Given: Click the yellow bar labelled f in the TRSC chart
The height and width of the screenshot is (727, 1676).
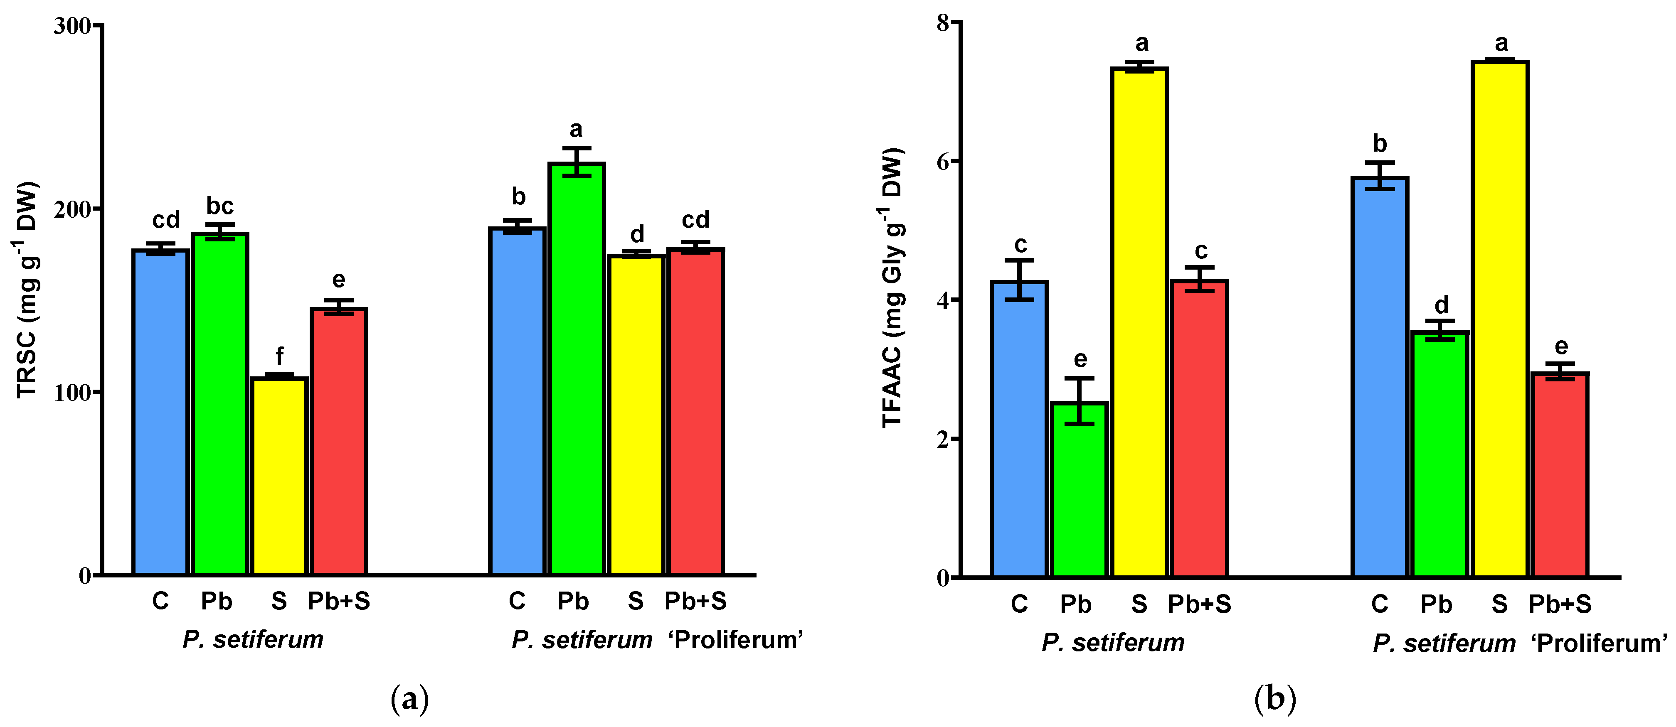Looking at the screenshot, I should pyautogui.click(x=279, y=476).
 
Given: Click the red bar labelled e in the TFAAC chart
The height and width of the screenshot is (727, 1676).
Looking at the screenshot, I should pyautogui.click(x=1560, y=475).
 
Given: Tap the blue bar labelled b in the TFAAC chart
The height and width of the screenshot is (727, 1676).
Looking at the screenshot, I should pyautogui.click(x=1379, y=377).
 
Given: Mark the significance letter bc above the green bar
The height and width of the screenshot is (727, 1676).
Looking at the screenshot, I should pyautogui.click(x=220, y=206).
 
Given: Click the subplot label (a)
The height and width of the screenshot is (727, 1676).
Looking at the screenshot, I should pyautogui.click(x=410, y=700).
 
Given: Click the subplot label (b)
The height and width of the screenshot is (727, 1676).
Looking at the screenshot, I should pyautogui.click(x=1275, y=700).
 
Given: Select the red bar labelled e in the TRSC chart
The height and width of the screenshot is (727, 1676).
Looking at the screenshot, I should pyautogui.click(x=339, y=442).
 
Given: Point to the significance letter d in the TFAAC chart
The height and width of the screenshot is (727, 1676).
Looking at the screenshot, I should pyautogui.click(x=1441, y=305).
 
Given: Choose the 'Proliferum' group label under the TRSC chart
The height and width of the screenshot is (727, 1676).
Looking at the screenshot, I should pyautogui.click(x=735, y=640).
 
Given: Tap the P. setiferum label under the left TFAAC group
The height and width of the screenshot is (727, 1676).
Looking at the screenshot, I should pyautogui.click(x=1113, y=643).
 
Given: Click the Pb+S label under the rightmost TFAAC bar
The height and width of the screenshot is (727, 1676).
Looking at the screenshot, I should pyautogui.click(x=1560, y=604).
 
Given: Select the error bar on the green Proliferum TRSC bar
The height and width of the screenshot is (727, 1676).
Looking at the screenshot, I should pyautogui.click(x=577, y=161).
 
